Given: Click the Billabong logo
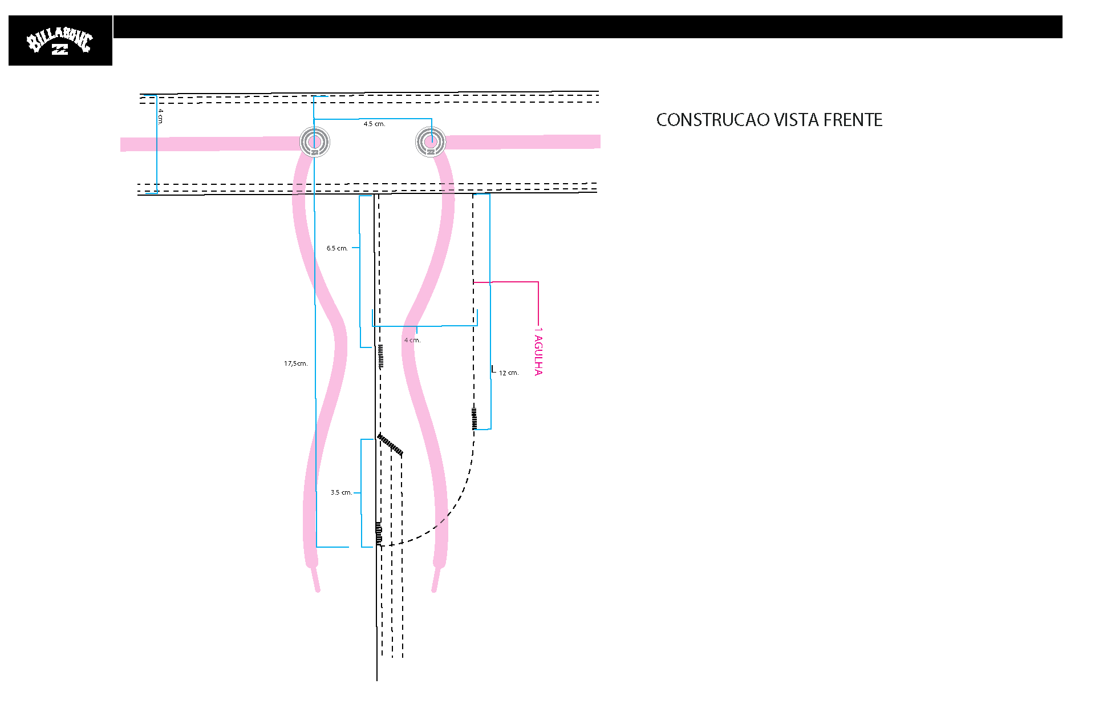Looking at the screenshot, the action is pyautogui.click(x=60, y=41).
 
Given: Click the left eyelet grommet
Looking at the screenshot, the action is pyautogui.click(x=315, y=141).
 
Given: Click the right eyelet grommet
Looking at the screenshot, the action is pyautogui.click(x=431, y=141).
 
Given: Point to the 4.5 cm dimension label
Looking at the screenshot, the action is pyautogui.click(x=374, y=124).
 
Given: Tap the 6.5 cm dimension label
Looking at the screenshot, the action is pyautogui.click(x=337, y=248).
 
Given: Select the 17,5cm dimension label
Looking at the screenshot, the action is pyautogui.click(x=295, y=363).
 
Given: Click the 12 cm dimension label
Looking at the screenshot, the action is pyautogui.click(x=509, y=373).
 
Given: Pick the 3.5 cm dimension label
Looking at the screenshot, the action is pyautogui.click(x=341, y=492).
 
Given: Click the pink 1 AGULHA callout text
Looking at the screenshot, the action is pyautogui.click(x=538, y=351).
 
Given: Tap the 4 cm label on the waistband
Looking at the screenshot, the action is pyautogui.click(x=161, y=116).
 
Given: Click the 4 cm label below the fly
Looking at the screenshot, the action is pyautogui.click(x=412, y=340).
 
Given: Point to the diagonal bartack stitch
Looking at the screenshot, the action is pyautogui.click(x=390, y=445).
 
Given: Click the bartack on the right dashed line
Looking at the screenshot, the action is pyautogui.click(x=474, y=418).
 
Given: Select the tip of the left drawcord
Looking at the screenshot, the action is pyautogui.click(x=318, y=590).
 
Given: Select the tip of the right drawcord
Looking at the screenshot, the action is pyautogui.click(x=434, y=590).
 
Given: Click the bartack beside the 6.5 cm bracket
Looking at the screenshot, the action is pyautogui.click(x=380, y=356).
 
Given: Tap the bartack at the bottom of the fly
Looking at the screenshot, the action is pyautogui.click(x=379, y=533).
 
